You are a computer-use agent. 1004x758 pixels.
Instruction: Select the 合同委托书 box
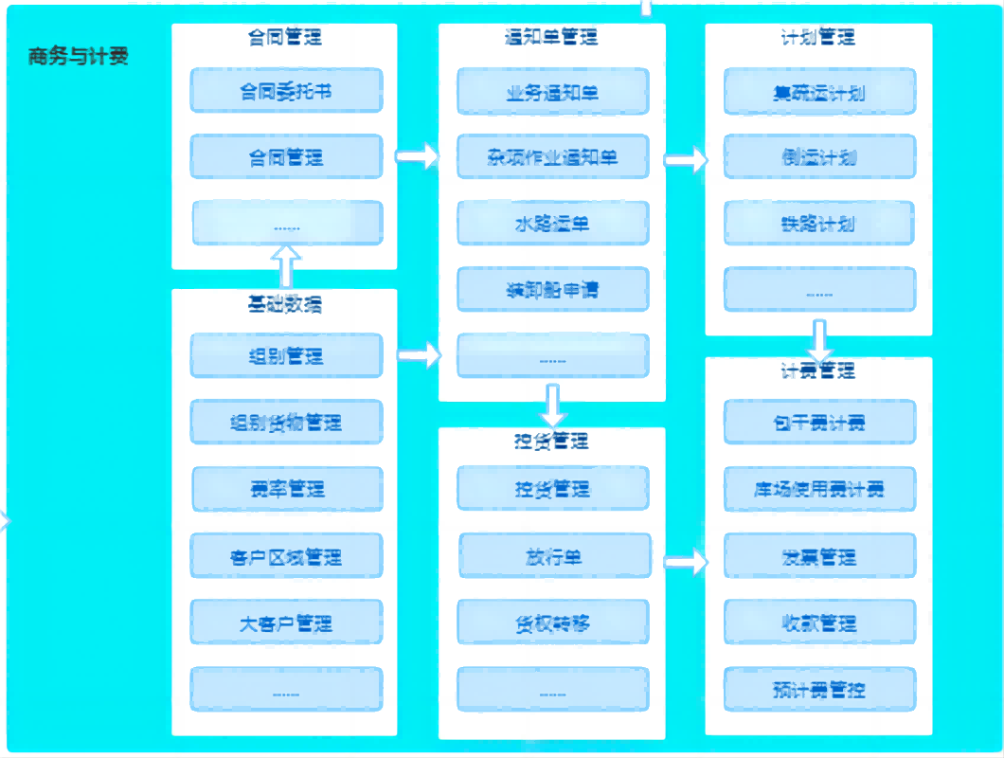(x=286, y=91)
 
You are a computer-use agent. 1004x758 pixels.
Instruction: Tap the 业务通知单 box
(x=553, y=92)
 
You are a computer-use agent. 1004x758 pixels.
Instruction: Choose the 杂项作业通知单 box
(x=553, y=157)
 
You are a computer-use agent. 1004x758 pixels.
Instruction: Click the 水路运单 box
(x=553, y=224)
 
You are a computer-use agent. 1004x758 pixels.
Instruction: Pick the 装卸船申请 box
(x=553, y=290)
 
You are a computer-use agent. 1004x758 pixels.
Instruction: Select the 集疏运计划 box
(x=819, y=92)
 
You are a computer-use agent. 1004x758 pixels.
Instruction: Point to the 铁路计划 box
(x=819, y=224)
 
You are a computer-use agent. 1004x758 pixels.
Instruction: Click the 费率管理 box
(x=287, y=489)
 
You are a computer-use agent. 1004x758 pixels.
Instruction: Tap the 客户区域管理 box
(x=286, y=556)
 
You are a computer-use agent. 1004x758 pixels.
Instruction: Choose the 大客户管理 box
(x=286, y=623)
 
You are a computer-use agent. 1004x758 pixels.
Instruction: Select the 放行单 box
(x=555, y=556)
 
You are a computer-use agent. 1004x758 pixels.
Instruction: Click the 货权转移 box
(x=553, y=623)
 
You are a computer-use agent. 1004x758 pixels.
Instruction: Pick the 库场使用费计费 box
(x=819, y=489)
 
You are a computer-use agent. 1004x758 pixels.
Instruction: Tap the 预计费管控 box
(x=819, y=689)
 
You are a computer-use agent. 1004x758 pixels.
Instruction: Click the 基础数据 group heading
(x=284, y=304)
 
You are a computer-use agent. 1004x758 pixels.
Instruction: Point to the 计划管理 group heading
(x=818, y=38)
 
